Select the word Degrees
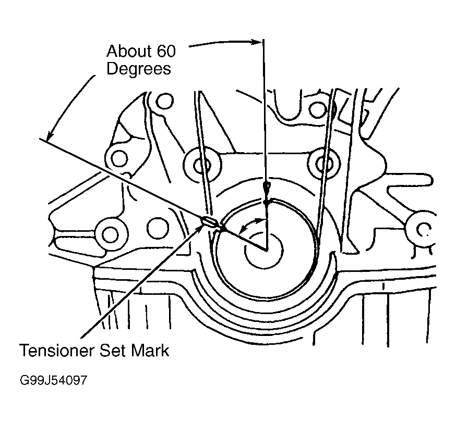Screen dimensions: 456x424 (x=139, y=69)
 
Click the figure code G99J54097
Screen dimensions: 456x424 (x=54, y=380)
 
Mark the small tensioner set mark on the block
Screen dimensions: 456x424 (x=209, y=223)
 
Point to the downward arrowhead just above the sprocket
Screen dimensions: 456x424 (x=266, y=187)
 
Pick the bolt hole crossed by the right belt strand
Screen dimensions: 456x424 (x=319, y=163)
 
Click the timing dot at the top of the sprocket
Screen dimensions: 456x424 (x=266, y=202)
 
